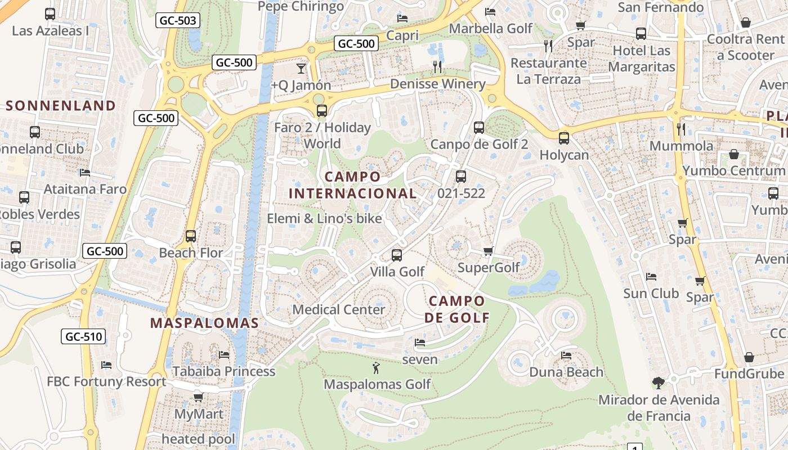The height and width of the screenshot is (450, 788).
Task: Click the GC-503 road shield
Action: click(x=178, y=21)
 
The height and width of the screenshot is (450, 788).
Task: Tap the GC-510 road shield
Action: click(x=83, y=337)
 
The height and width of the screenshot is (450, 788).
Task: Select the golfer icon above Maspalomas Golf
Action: click(x=376, y=368)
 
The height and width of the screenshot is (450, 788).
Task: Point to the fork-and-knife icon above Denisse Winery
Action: click(x=437, y=67)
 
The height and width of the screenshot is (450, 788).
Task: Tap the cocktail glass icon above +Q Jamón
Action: click(x=301, y=69)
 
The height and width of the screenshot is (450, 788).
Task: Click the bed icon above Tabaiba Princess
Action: click(x=223, y=355)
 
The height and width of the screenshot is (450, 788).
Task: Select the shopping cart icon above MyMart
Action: click(x=198, y=398)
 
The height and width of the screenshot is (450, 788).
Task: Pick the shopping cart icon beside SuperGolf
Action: click(x=488, y=251)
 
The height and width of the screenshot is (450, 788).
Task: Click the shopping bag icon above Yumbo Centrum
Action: click(x=734, y=154)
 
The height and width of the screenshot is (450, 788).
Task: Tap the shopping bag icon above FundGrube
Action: click(x=749, y=358)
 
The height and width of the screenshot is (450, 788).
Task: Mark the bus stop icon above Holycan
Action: click(x=564, y=138)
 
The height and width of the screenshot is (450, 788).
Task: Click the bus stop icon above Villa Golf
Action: click(x=397, y=255)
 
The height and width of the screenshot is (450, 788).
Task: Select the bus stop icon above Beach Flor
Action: click(x=191, y=236)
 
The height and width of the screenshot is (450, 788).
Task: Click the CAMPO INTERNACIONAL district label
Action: click(x=353, y=185)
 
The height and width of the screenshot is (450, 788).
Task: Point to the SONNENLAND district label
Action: click(x=61, y=106)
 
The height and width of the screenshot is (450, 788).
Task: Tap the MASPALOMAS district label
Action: click(x=204, y=323)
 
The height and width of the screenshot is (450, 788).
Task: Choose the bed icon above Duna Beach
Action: click(x=566, y=355)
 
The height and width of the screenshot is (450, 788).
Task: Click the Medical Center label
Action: click(x=339, y=309)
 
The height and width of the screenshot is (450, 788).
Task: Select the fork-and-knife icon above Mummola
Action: click(x=681, y=129)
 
